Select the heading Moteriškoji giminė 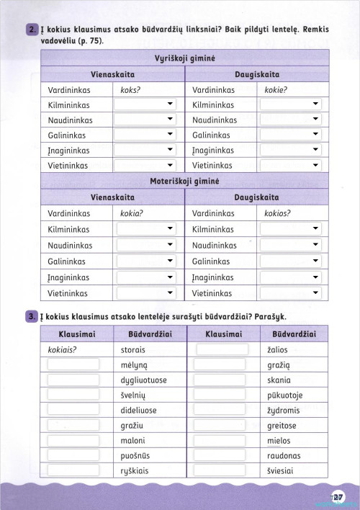pos(185,181)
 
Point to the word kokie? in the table pos(276,89)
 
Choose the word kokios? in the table pos(278,214)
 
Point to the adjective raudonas pos(284,456)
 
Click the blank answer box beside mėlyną pos(73,365)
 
